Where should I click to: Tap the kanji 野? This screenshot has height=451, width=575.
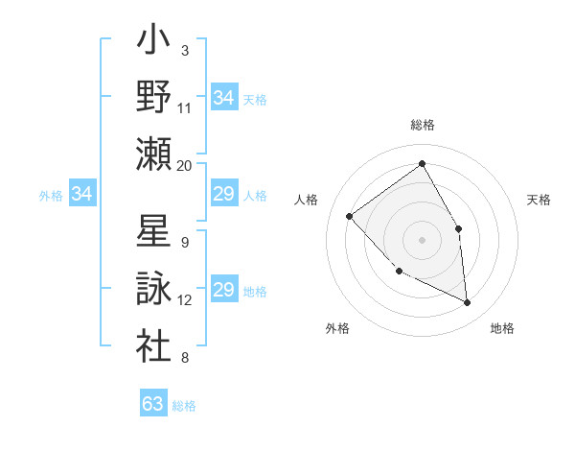coord(152,97)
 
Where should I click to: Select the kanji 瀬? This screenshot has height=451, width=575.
coord(152,154)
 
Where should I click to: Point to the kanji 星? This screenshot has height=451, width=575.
coord(152,232)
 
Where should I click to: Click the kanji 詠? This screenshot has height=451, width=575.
coord(152,289)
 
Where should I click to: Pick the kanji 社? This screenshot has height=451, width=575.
coord(152,346)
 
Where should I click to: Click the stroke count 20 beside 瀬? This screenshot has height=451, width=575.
coord(185,166)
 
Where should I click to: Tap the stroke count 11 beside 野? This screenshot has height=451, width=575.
coord(185,108)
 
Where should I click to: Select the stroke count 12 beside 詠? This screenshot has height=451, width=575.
coord(185,300)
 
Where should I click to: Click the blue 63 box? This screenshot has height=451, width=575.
coord(153,404)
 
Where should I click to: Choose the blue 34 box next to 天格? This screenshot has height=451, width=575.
coord(223,98)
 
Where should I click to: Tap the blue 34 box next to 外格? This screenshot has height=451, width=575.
coord(82,195)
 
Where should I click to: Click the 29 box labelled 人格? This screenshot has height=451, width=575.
coord(223,195)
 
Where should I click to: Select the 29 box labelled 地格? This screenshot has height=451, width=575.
coord(223,291)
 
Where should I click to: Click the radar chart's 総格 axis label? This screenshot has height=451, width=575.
coord(422,125)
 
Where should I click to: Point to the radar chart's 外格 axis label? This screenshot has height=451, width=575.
coord(337,328)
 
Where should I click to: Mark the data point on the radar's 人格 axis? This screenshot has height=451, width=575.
coord(350,216)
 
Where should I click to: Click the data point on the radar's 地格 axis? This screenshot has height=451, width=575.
coord(467,302)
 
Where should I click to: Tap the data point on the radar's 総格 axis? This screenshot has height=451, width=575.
coord(422,163)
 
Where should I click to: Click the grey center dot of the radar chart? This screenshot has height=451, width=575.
coord(422,239)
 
